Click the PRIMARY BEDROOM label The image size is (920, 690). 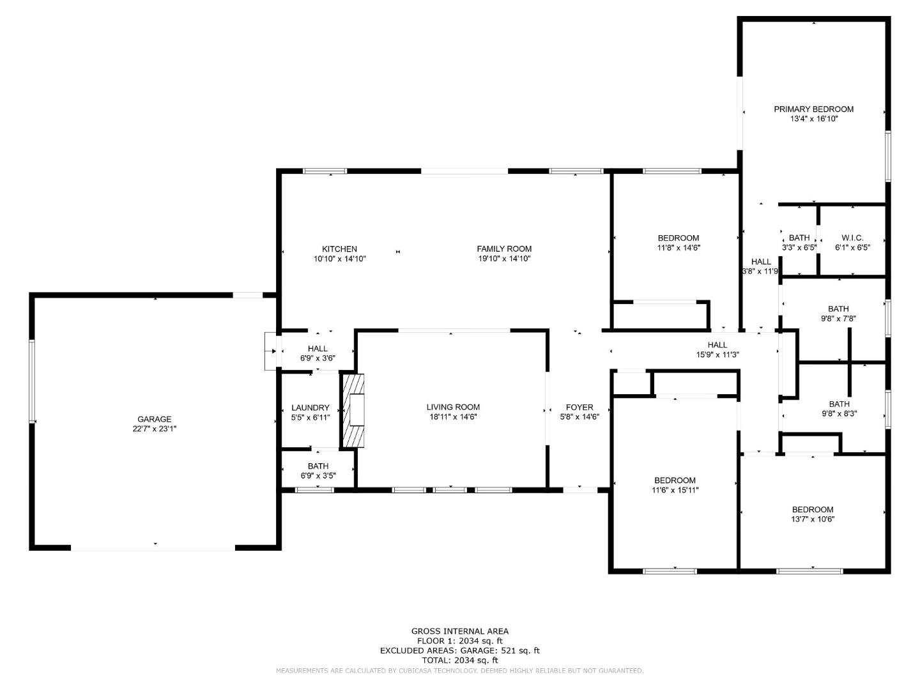click(813, 109)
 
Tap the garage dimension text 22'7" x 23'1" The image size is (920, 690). click(154, 429)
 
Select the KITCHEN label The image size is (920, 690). click(339, 249)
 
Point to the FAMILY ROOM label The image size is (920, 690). click(504, 249)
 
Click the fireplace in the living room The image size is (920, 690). click(353, 411)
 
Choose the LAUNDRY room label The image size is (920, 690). click(310, 408)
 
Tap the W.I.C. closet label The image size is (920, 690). click(852, 238)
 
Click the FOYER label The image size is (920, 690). click(579, 407)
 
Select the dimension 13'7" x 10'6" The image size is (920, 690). click(812, 519)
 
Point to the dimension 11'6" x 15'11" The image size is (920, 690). click(675, 490)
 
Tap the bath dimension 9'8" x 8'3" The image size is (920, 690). click(839, 413)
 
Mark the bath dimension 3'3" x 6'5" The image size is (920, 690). click(799, 248)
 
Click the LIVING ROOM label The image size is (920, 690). click(453, 407)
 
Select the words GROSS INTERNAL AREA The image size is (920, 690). click(459, 631)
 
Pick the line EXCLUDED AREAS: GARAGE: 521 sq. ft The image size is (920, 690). click(459, 650)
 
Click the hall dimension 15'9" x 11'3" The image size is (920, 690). click(717, 355)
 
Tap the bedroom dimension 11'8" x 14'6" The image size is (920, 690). click(678, 248)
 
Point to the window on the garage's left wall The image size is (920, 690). click(32, 381)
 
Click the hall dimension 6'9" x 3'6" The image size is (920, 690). click(318, 358)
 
